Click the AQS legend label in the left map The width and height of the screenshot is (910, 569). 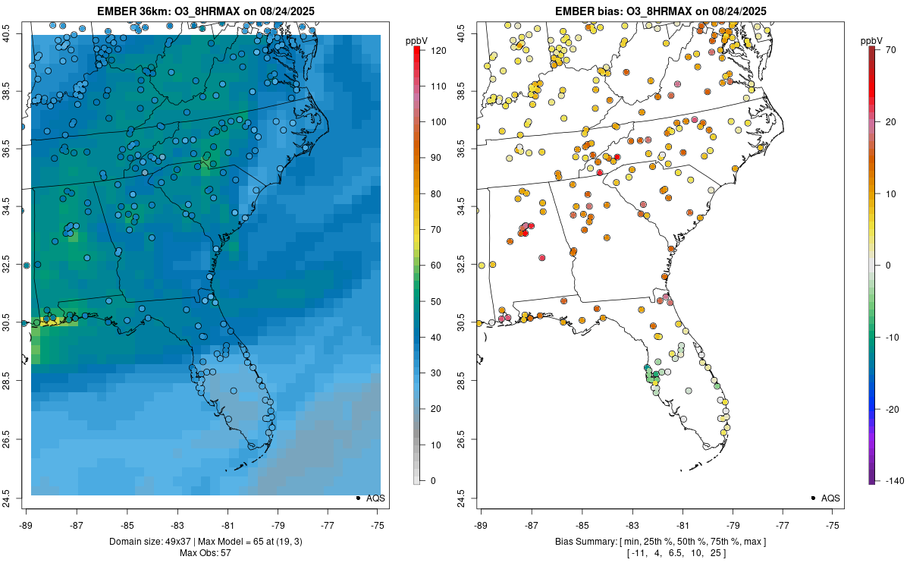(x=375, y=498)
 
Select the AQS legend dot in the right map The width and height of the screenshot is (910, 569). (x=813, y=498)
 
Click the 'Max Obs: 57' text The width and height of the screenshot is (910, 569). (x=205, y=553)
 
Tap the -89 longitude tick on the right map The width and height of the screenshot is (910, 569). (x=481, y=524)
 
